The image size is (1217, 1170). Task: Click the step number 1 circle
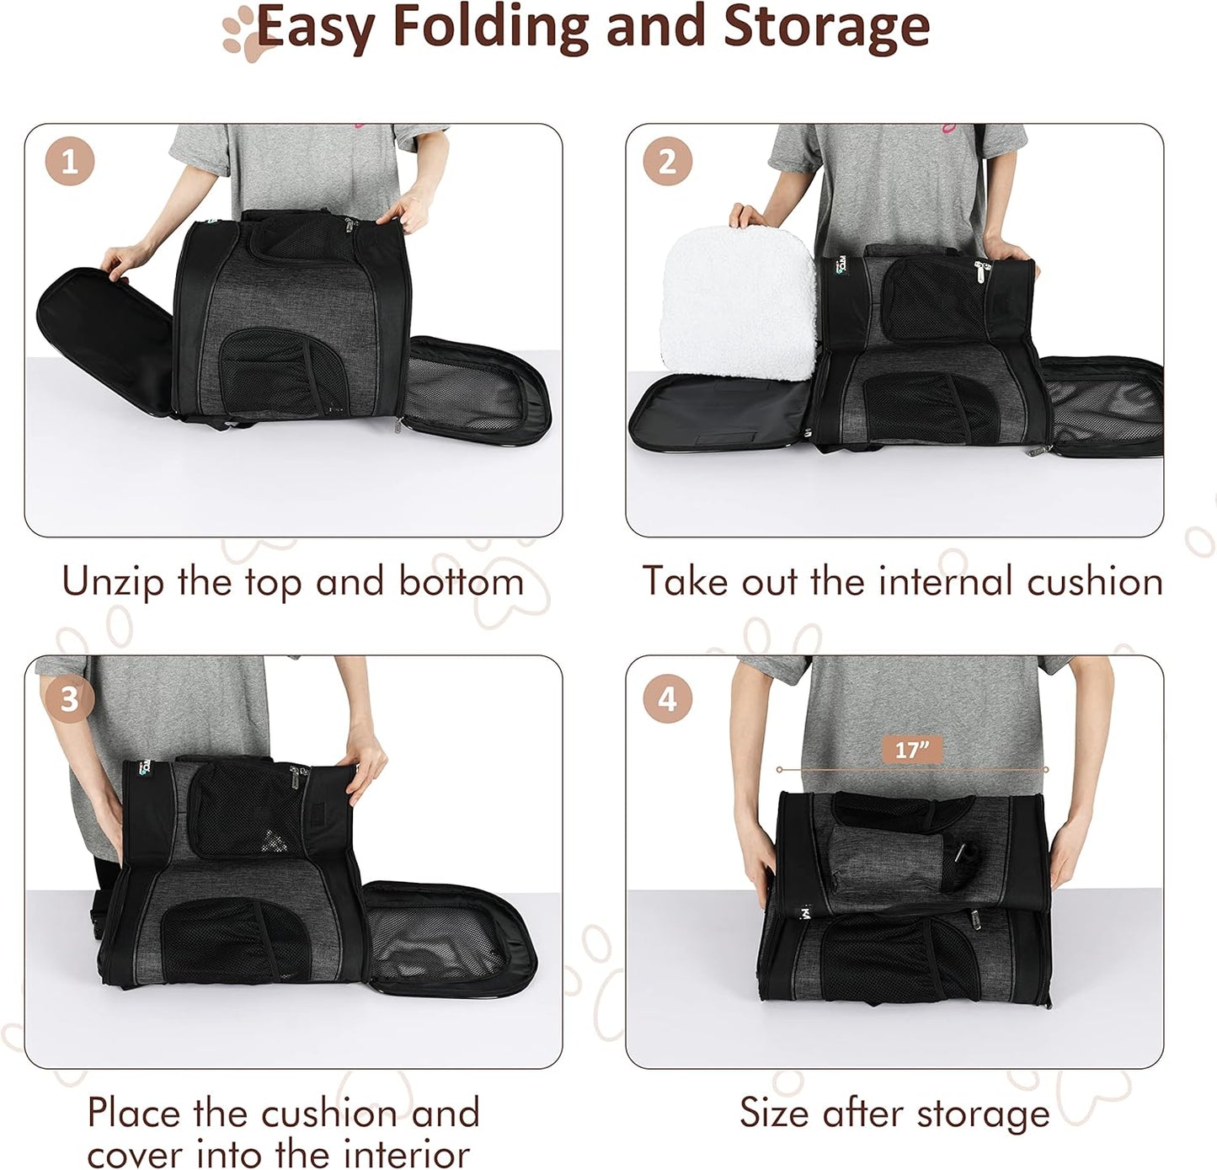click(x=70, y=161)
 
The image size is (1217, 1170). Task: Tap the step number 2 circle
click(x=667, y=161)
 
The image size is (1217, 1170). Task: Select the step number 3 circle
click(x=70, y=698)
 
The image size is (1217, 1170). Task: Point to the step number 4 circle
click(x=667, y=698)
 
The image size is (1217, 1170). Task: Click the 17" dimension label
click(x=911, y=749)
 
